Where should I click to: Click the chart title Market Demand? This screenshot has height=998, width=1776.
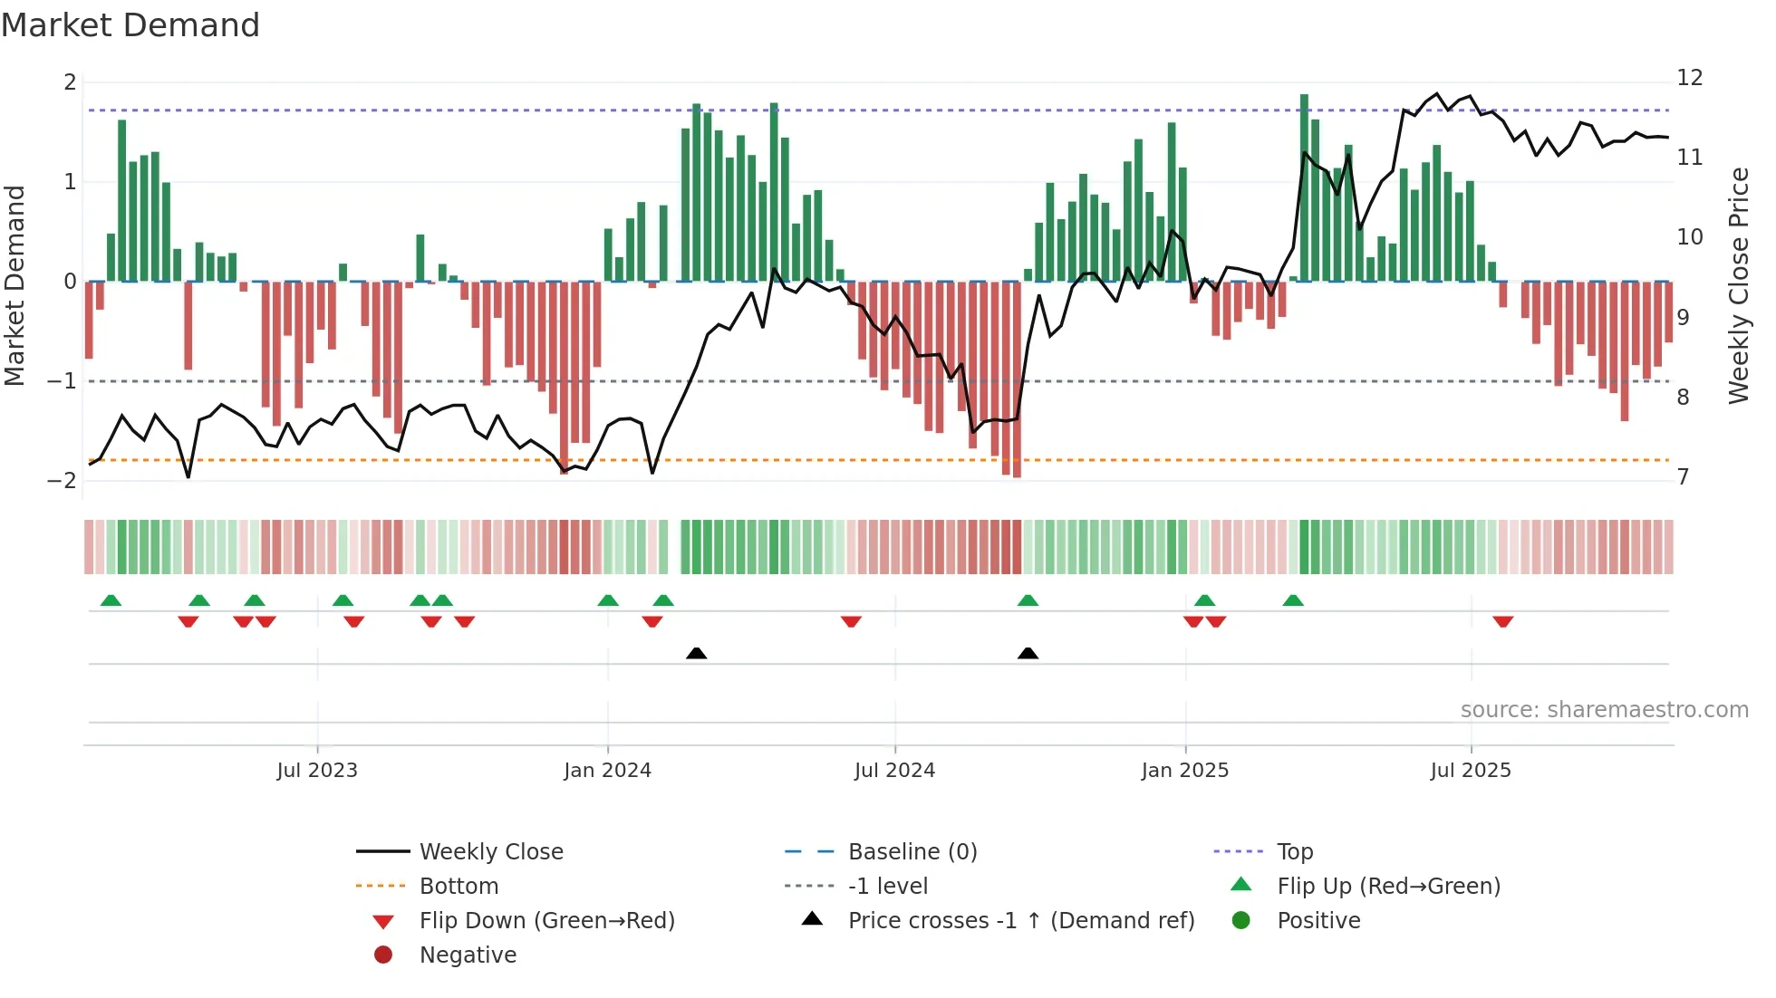click(x=130, y=25)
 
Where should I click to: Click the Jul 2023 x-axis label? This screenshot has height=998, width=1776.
click(x=317, y=771)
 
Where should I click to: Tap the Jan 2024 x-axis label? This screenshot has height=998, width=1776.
click(x=607, y=771)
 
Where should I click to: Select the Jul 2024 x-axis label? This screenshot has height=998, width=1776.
click(x=894, y=771)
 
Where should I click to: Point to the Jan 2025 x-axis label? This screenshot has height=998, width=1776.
click(x=1185, y=771)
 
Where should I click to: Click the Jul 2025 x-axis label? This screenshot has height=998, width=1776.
click(x=1471, y=771)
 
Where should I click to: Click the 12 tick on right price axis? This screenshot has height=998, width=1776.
click(x=1690, y=78)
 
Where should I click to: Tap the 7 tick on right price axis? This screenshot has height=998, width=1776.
click(x=1683, y=477)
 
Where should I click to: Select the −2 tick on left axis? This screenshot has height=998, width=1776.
click(x=63, y=481)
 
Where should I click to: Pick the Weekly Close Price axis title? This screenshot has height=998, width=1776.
click(x=1738, y=285)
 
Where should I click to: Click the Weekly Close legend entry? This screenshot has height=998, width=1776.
click(x=490, y=852)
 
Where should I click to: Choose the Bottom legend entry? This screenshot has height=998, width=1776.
click(x=458, y=887)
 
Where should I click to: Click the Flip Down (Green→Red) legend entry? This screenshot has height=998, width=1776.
click(x=546, y=921)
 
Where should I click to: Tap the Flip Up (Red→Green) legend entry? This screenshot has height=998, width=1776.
click(x=1388, y=887)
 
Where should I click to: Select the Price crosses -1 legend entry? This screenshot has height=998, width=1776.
click(x=1020, y=921)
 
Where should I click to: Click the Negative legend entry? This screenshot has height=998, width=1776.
click(x=468, y=955)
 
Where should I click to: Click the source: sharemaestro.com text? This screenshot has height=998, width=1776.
click(x=1604, y=710)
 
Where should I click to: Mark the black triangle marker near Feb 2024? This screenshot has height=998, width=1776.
click(x=696, y=654)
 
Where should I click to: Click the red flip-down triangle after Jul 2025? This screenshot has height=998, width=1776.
click(x=1503, y=622)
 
